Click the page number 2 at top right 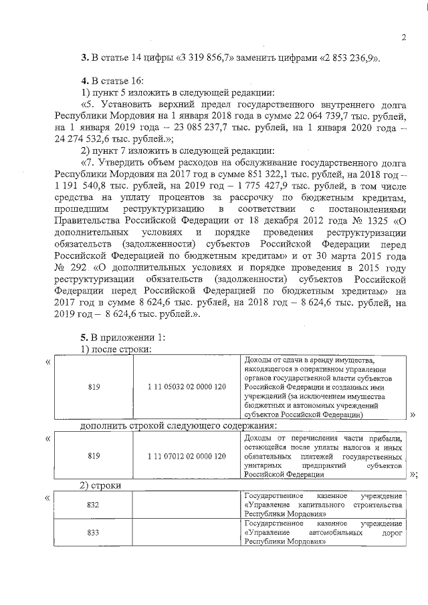pos(404,37)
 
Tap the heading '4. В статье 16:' pos(108,80)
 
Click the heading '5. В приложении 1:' pos(118,336)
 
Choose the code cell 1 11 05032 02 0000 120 pos(187,387)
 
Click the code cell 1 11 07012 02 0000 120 pos(187,456)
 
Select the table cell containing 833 pos(94,534)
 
